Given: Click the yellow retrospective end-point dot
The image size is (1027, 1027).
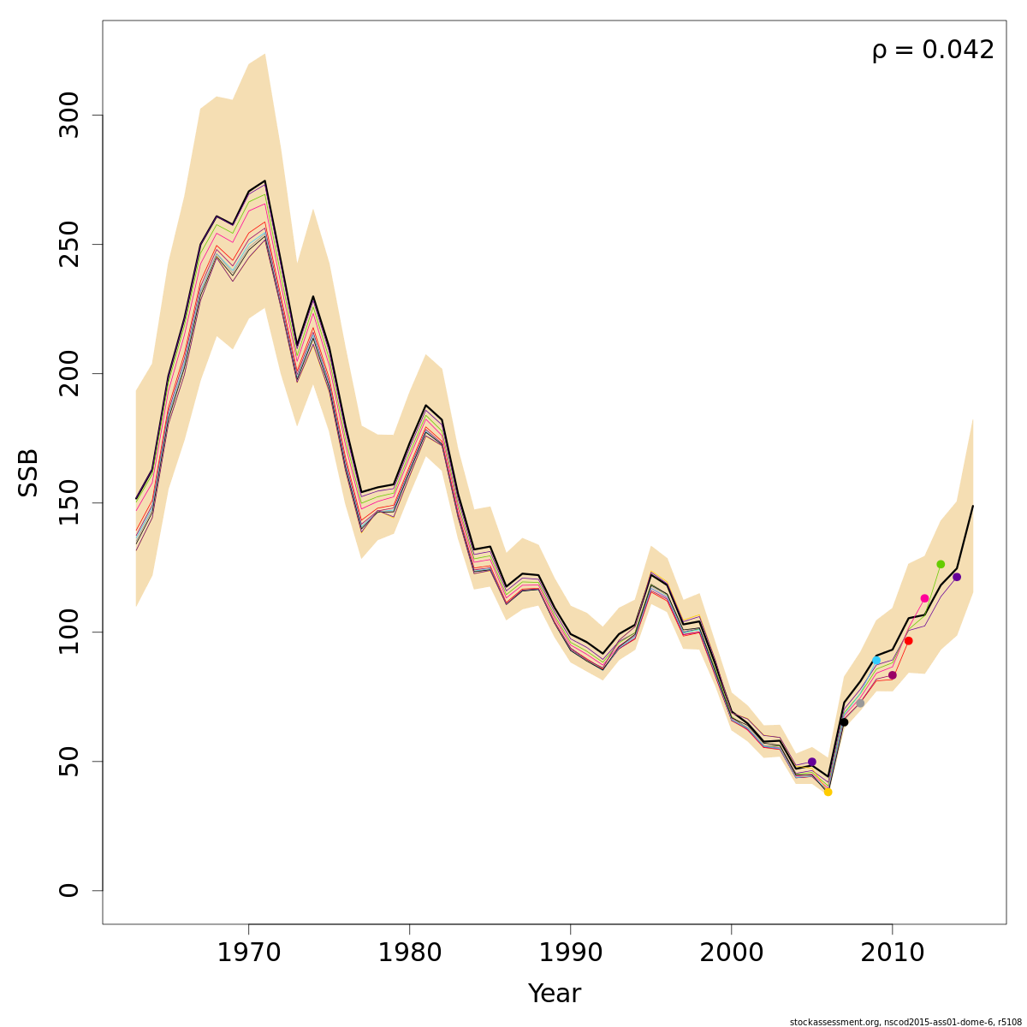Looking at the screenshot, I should pos(828,792).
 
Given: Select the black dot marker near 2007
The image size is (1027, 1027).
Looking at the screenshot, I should pos(844,722).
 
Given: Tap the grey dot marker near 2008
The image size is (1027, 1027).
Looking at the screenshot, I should pos(860,703).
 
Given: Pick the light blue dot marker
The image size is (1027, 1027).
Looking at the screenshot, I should pos(876,660).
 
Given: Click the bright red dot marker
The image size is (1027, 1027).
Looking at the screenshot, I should pos(908,641).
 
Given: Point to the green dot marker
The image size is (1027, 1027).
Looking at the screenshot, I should pos(941,564).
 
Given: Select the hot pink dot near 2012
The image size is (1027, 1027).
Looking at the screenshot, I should pos(924,598).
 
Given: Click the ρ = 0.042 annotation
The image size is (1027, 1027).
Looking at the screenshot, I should pos(933,50).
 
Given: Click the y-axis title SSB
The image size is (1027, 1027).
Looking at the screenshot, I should pos(29,472).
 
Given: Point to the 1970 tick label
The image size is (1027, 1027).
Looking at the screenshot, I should pos(248,953).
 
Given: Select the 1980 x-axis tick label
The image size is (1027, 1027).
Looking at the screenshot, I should pos(409,953).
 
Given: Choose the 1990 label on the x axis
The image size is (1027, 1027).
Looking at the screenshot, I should pos(570,953).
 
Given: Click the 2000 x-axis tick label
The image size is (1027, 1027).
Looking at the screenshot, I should pos(731,953).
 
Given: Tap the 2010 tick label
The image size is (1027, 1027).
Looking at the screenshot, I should pos(892,953).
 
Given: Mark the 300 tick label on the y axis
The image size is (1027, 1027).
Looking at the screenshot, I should pos(69,116).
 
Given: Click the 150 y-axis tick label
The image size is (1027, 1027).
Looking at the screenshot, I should pos(69,503).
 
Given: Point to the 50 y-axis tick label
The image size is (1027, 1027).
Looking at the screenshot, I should pos(69,762).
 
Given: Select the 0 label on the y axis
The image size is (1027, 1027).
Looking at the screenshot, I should pos(69,890).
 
